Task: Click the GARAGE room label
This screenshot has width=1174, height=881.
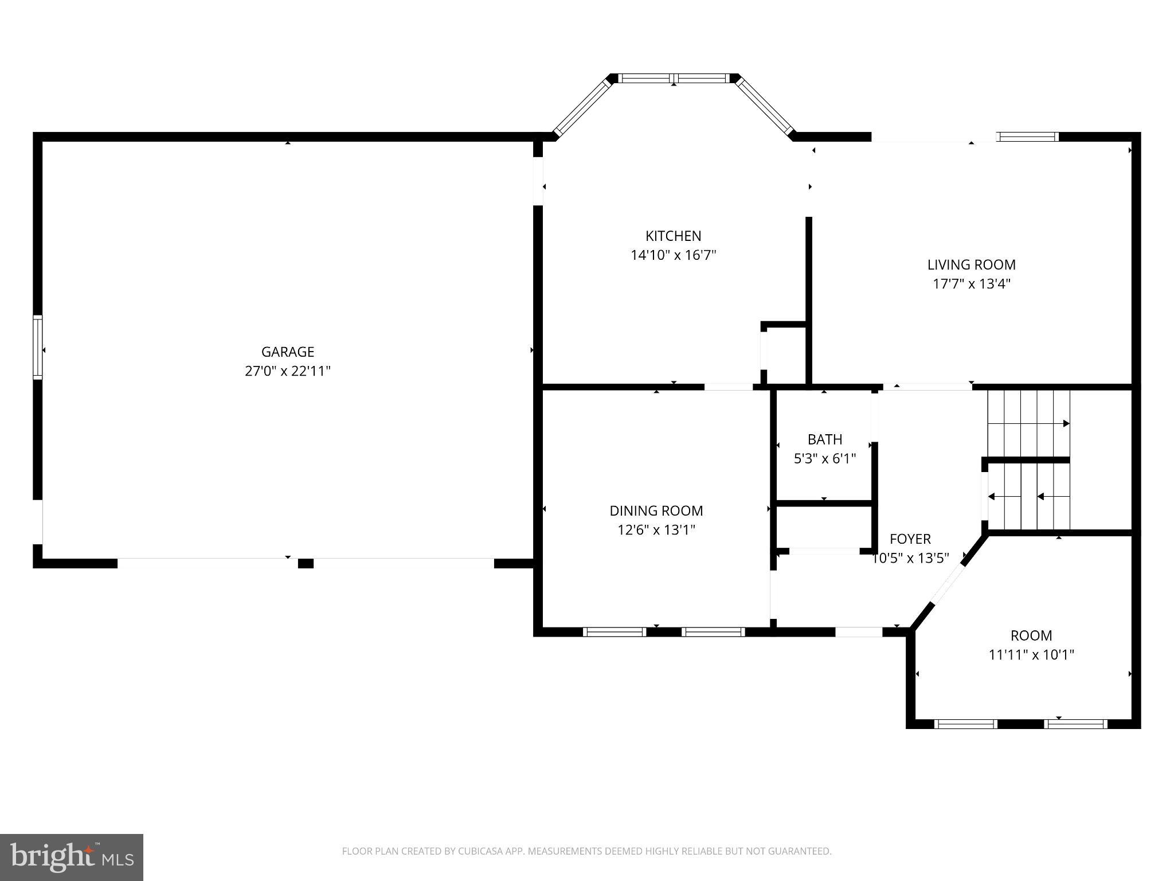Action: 288,352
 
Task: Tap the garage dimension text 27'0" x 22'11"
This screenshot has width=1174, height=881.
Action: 288,371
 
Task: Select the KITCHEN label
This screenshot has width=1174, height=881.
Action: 673,236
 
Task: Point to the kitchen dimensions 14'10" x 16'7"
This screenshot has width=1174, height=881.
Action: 673,255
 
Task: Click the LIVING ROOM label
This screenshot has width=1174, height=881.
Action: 971,264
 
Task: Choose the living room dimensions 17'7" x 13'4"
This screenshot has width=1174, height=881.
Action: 971,284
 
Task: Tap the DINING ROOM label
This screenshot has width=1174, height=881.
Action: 656,510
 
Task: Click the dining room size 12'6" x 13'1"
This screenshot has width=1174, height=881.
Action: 656,530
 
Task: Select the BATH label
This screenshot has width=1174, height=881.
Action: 824,439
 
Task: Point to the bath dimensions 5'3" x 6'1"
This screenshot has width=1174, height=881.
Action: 824,459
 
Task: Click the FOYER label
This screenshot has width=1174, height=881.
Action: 910,539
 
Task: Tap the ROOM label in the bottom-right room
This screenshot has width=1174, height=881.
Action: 1031,636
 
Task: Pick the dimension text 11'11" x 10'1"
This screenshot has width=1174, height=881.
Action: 1031,655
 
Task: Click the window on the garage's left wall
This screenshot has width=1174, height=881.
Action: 38,347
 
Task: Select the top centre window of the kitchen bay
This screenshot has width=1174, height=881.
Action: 674,79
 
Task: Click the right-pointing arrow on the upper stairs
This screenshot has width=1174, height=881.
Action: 1066,423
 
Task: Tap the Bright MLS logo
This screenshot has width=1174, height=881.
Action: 72,857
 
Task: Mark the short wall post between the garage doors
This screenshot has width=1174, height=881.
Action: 306,563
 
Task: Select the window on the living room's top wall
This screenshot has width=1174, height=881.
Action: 1027,137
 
